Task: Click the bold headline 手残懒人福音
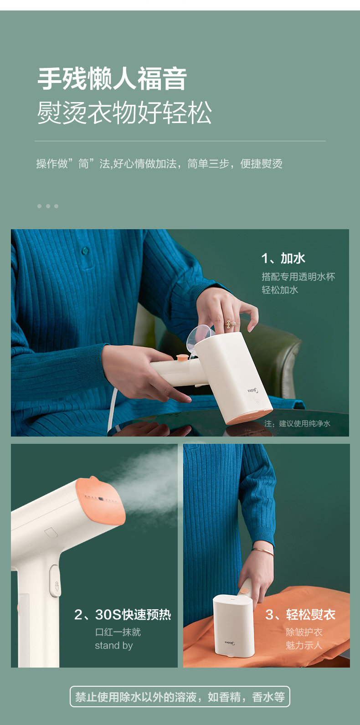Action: (x=112, y=79)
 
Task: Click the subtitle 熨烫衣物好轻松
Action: (x=124, y=112)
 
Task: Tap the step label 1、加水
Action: (x=283, y=258)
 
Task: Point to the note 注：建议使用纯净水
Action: (x=297, y=423)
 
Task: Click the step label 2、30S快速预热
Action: (x=123, y=614)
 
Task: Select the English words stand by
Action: (x=114, y=646)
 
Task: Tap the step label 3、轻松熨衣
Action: (x=300, y=614)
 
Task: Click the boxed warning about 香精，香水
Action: (x=180, y=696)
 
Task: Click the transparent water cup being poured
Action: (x=200, y=337)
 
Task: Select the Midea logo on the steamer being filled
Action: (x=253, y=391)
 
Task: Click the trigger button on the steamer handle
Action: (x=55, y=581)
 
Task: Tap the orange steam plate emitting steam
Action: (x=101, y=500)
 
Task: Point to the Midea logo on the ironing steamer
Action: (x=230, y=643)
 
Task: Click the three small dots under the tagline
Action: (x=48, y=206)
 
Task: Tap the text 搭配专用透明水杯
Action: (x=298, y=277)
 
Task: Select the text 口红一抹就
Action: (x=118, y=632)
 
